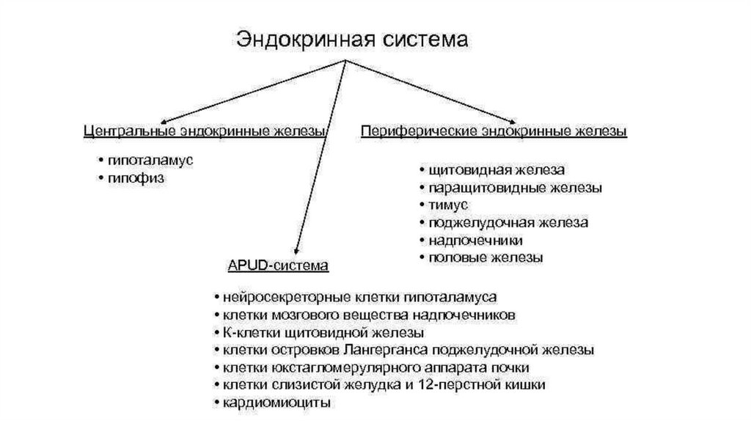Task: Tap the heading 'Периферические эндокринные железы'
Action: click(494, 132)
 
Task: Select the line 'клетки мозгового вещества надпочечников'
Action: click(364, 315)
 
